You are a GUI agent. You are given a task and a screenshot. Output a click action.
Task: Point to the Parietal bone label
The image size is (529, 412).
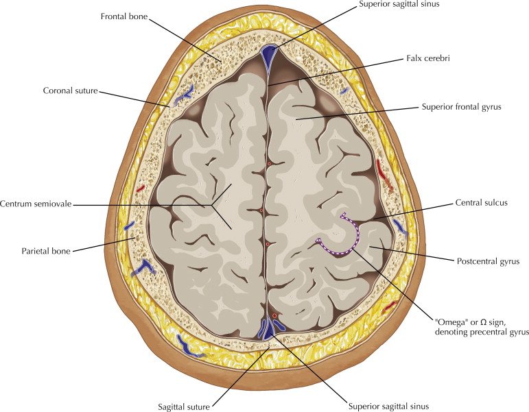coord(43,250)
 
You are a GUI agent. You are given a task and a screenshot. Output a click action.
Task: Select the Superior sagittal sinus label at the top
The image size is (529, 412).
coord(398,5)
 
